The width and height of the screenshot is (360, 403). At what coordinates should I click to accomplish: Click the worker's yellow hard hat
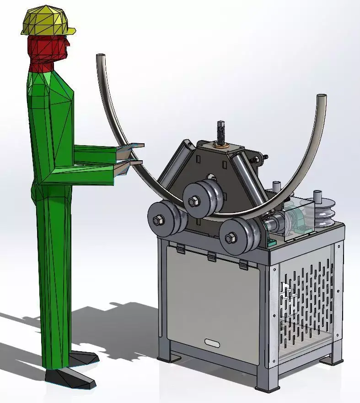click(46, 21)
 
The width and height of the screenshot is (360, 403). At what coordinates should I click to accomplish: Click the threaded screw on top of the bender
click(221, 132)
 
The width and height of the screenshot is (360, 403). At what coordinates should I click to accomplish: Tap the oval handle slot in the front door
click(212, 342)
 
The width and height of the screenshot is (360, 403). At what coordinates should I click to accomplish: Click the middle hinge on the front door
click(211, 257)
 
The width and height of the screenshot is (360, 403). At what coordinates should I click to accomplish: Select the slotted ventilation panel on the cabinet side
click(305, 298)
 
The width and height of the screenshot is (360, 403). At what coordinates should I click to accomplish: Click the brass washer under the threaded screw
click(222, 146)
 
